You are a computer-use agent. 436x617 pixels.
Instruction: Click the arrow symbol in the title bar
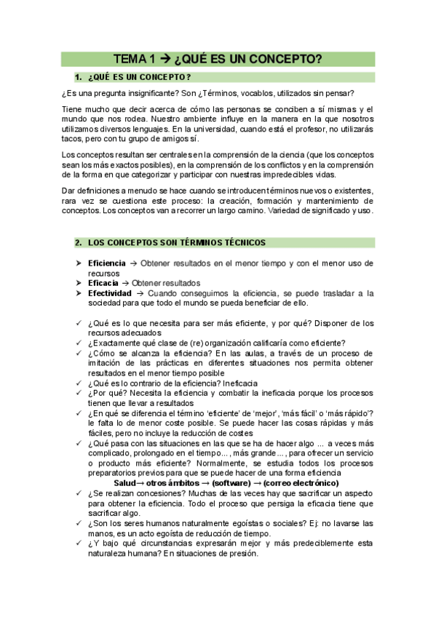[165, 59]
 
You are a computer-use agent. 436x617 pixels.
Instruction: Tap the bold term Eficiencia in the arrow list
[107, 262]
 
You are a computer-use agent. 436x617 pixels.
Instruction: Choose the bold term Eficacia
[104, 282]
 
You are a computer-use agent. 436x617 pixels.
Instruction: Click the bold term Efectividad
[109, 292]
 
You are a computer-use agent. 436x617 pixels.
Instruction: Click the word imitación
[107, 363]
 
